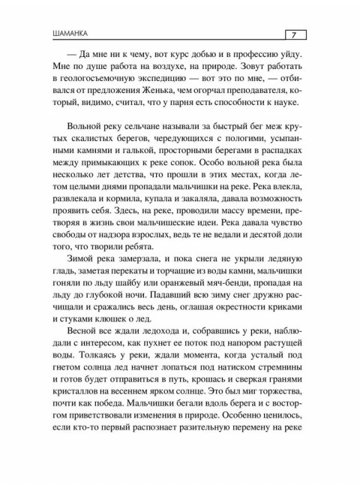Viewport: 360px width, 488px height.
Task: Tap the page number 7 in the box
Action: (x=294, y=33)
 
